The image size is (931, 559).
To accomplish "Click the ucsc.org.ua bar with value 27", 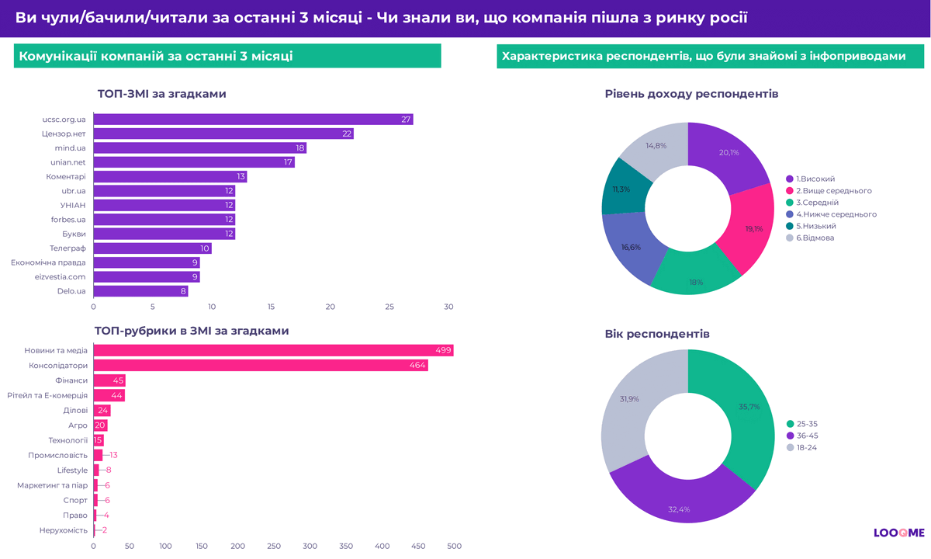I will point(253,120).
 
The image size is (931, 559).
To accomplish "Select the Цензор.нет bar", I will point(223,134).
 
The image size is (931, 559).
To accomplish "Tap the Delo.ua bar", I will point(140,291).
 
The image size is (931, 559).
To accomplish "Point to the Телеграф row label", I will point(67,248).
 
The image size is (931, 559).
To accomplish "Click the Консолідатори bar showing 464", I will point(261,366).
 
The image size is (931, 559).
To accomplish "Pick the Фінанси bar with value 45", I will point(109,380).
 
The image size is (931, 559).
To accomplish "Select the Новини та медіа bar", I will point(273,351).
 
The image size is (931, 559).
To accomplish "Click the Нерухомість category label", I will point(63,530).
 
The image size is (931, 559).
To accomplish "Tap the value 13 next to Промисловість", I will point(113,455).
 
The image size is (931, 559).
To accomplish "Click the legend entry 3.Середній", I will point(817,202).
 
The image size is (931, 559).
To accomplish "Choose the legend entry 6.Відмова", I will point(815,238).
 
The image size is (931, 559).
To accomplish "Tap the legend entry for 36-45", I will point(807,436).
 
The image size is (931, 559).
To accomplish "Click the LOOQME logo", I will point(898,533).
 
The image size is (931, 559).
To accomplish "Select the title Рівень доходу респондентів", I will point(691,94).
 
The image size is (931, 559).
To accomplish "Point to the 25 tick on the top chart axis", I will point(389,307).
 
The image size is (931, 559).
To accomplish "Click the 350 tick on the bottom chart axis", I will point(274,546).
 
